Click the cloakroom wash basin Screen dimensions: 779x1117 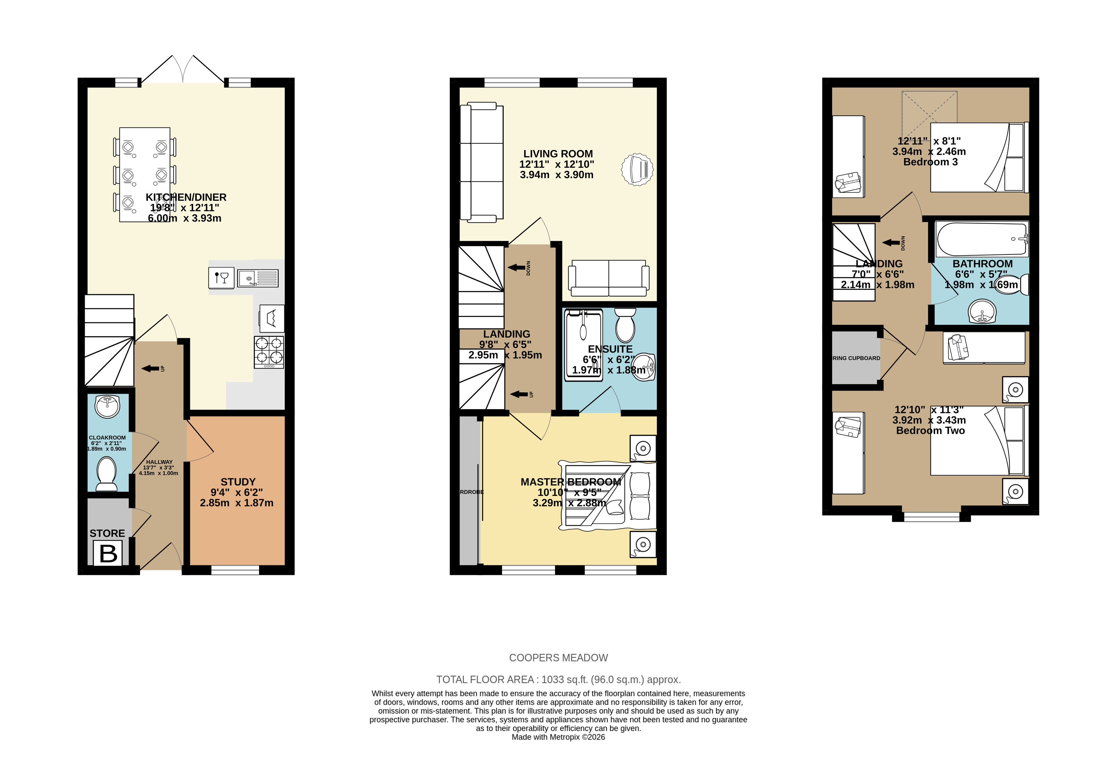click(107, 406)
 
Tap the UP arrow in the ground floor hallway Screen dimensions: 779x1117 click(150, 368)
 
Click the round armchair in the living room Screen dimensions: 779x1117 click(637, 169)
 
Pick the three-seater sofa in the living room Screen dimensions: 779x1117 click(481, 162)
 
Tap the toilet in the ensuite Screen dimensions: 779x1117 click(625, 325)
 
